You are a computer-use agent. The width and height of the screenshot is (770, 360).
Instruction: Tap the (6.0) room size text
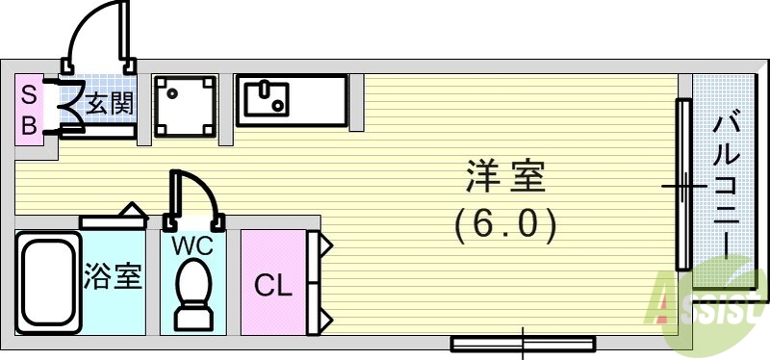pyautogui.click(x=505, y=225)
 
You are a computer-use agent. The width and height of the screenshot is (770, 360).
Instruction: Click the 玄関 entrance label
pyautogui.click(x=110, y=102)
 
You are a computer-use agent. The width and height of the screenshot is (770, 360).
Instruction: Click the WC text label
pyautogui.click(x=192, y=244)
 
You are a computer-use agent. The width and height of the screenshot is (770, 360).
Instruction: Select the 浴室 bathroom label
pyautogui.click(x=114, y=277)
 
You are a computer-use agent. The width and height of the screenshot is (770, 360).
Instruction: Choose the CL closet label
pyautogui.click(x=272, y=286)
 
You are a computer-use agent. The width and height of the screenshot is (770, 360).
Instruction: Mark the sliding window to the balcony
pyautogui.click(x=682, y=183)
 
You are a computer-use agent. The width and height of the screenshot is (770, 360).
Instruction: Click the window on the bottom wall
pyautogui.click(x=523, y=342)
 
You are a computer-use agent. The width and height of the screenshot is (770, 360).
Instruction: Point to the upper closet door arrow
pyautogui.click(x=325, y=244)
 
